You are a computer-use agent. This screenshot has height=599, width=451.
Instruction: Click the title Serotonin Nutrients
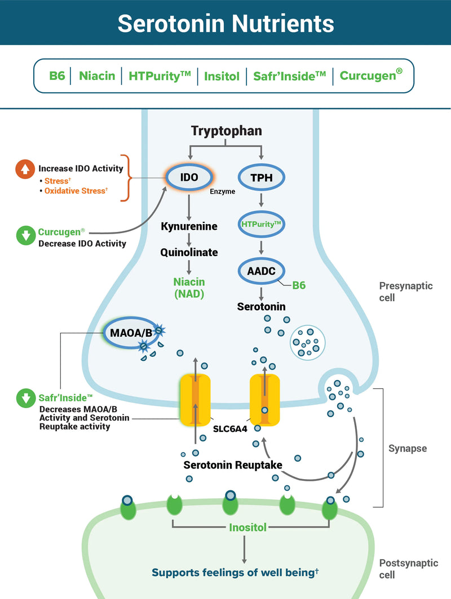225,23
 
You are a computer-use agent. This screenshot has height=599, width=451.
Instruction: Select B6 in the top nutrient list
57,75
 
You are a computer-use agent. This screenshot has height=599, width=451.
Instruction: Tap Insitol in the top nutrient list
222,75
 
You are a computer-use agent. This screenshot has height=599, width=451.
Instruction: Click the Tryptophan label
226,131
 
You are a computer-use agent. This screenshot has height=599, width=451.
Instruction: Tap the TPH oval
261,178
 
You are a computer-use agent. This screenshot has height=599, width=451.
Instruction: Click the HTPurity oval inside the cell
261,224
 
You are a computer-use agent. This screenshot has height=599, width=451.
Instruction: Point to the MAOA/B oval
131,332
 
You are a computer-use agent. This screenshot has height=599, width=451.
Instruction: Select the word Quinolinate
189,252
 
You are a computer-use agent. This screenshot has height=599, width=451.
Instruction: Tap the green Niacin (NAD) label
189,287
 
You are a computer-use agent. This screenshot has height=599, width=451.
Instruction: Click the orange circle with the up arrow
24,168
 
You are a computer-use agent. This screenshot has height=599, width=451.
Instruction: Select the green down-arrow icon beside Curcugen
25,236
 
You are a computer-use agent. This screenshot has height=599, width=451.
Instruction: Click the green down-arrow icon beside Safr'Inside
25,399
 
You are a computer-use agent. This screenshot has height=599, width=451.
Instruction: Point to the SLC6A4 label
229,428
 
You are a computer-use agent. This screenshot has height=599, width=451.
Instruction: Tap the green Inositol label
247,528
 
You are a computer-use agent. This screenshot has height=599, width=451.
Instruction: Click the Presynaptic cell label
406,291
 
